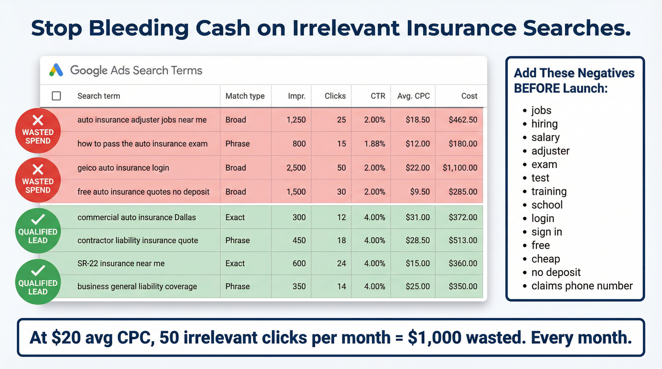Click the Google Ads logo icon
(x=56, y=70)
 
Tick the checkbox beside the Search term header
(x=56, y=96)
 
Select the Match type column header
(x=245, y=96)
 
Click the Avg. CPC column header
(x=414, y=96)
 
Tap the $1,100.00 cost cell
(x=460, y=168)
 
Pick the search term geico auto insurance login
(x=123, y=168)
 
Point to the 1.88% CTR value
(x=375, y=144)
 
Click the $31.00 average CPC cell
(x=418, y=217)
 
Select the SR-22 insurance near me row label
(x=121, y=263)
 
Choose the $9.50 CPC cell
(x=420, y=192)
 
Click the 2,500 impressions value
(x=296, y=168)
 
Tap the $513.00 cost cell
(x=463, y=240)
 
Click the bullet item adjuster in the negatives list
(x=550, y=151)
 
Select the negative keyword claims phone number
(x=582, y=286)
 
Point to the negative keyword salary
(x=545, y=137)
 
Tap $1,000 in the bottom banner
(x=434, y=338)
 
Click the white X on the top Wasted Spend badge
(x=38, y=120)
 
